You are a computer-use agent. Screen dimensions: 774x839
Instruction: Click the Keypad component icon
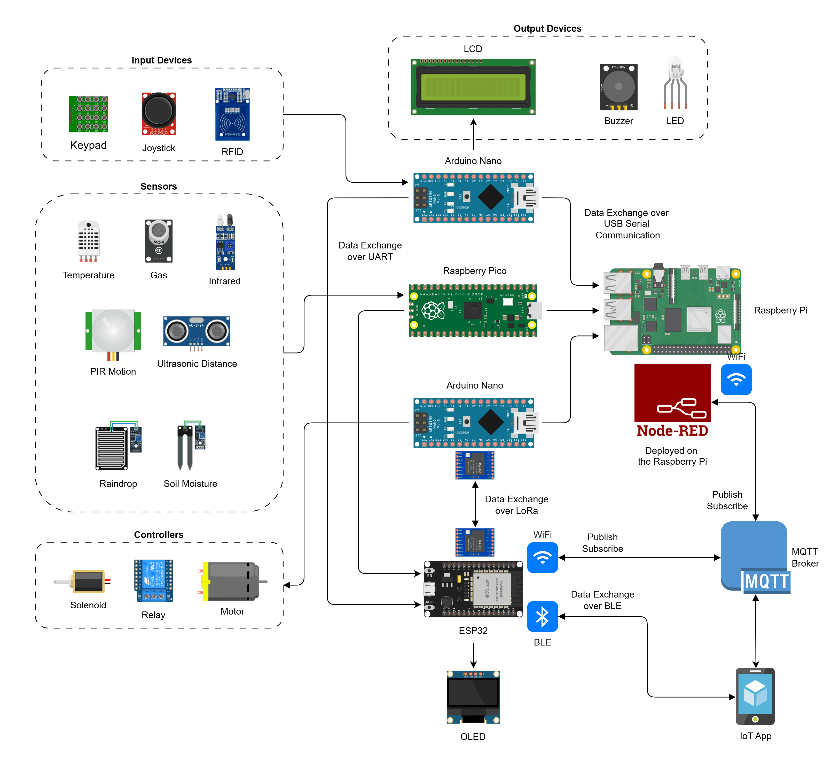(89, 114)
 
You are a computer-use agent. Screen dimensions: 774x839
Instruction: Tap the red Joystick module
(159, 114)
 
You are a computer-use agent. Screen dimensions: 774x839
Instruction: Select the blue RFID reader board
(232, 114)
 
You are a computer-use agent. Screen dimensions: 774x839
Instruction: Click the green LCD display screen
(473, 87)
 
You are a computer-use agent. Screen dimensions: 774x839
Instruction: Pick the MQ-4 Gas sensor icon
(159, 241)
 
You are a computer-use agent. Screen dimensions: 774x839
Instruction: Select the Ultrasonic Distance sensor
(197, 331)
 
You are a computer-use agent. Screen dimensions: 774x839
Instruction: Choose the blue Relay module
(153, 580)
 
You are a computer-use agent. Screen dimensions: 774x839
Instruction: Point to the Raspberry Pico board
(473, 311)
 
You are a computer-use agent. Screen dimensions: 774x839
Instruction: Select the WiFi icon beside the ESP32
(543, 558)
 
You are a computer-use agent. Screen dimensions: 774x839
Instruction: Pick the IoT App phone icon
(755, 696)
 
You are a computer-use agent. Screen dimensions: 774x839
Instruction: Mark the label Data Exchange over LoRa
(516, 505)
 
